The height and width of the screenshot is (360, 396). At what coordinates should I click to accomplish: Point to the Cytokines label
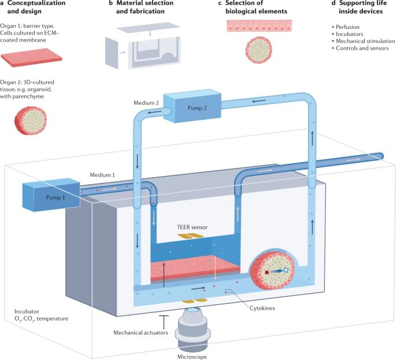coord(260,308)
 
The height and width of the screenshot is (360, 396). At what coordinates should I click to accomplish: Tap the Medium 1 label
coord(103,174)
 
